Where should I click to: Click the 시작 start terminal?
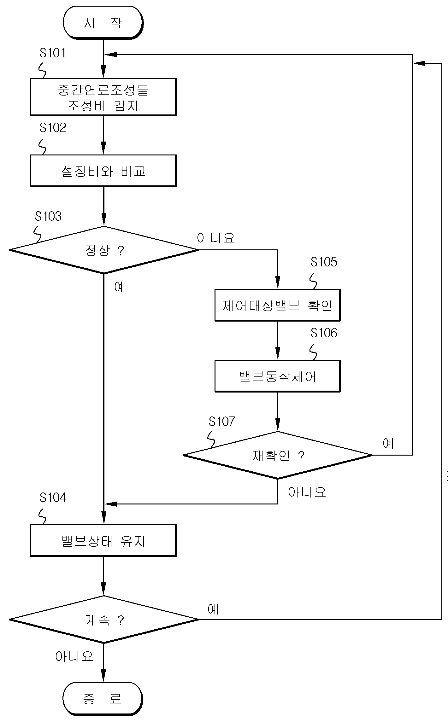(103, 23)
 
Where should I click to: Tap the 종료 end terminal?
(103, 699)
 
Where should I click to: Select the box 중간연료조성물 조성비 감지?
(103, 97)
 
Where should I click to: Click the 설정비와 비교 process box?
(103, 171)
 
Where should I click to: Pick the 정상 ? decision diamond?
(104, 250)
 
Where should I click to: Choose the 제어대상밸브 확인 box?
(278, 305)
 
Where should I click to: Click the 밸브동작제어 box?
(278, 376)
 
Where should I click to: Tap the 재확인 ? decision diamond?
(278, 455)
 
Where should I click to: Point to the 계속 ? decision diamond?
(104, 620)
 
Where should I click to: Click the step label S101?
(53, 53)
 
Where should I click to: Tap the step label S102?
(53, 128)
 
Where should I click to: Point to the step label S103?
(48, 216)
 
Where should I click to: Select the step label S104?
(53, 498)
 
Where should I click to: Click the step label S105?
(324, 262)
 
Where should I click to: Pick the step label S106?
(324, 333)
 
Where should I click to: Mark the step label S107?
(222, 422)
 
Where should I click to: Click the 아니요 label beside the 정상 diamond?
(216, 238)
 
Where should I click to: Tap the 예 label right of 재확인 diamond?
(388, 443)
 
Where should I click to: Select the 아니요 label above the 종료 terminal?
(74, 656)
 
